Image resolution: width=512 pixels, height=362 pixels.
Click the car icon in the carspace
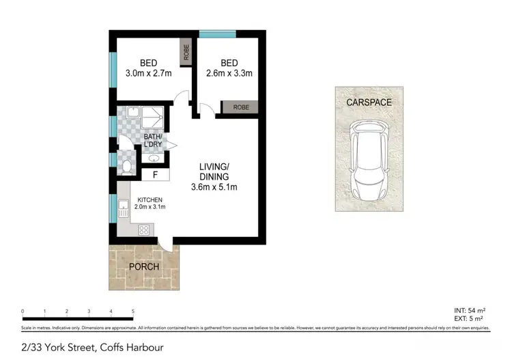(369, 158)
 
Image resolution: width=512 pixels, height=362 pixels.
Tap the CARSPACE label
(369, 102)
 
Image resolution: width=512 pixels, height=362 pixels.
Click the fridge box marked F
(155, 175)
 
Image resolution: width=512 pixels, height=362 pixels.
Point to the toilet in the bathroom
(126, 166)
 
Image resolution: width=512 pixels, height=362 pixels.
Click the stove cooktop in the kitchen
(145, 230)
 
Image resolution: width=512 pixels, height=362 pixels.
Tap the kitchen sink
(123, 208)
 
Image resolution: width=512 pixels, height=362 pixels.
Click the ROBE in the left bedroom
(184, 52)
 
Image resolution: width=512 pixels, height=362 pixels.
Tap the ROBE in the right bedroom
(240, 107)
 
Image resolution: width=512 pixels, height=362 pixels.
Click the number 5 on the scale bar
(132, 311)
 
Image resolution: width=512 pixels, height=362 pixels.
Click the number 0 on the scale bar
(23, 311)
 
